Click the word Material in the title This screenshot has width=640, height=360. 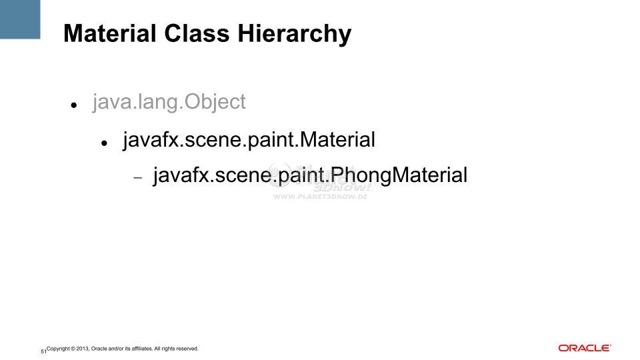tap(110, 33)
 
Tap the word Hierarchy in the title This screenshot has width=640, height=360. tap(294, 35)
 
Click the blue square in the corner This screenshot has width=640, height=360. tap(20, 19)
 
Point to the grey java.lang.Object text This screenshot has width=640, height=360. tap(169, 102)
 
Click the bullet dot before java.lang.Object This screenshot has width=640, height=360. tap(74, 105)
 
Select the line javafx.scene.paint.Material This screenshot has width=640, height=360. tap(249, 139)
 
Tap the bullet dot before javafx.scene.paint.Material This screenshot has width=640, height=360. tap(104, 143)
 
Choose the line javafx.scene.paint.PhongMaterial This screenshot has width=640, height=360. tap(310, 175)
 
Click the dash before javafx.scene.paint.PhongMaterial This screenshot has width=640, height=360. tap(138, 178)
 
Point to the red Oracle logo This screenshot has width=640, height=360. tap(585, 348)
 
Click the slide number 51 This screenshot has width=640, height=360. tap(43, 351)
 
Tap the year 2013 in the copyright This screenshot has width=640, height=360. tap(83, 349)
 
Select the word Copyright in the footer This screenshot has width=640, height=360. tap(58, 349)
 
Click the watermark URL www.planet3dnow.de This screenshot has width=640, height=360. tap(321, 197)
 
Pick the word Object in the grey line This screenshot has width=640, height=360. tap(215, 102)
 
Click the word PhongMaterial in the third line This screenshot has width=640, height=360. tap(399, 175)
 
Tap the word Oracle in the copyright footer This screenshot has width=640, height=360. tap(99, 349)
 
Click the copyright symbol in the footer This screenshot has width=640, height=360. tap(73, 349)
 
